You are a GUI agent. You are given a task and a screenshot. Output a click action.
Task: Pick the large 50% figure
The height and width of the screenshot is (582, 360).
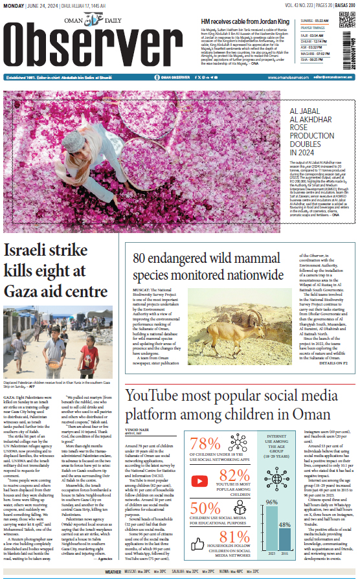coord(205,508)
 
